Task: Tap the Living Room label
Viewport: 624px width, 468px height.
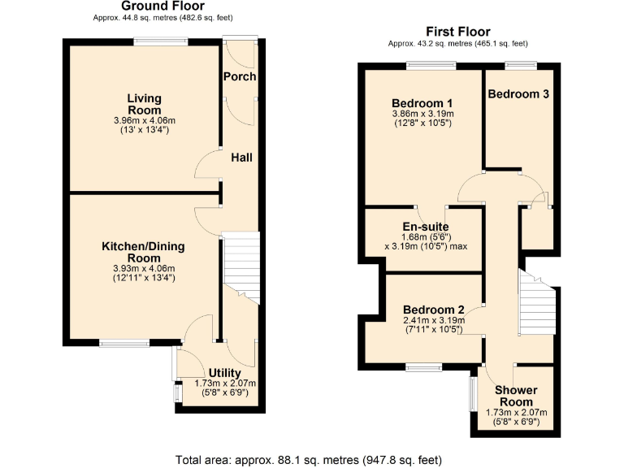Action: point(143,104)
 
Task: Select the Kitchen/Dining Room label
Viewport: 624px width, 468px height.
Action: point(143,252)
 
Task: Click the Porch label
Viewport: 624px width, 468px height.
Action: point(240,76)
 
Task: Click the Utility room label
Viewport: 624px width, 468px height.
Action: point(224,373)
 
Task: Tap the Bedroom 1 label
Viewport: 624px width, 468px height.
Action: point(422,103)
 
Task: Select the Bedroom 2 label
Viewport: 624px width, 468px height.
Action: point(433,310)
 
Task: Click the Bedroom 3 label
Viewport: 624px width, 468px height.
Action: point(518,93)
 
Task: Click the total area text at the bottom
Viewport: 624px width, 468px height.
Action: point(309,459)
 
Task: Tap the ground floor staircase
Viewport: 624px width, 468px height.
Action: point(240,268)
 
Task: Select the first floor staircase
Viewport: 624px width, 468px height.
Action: point(535,305)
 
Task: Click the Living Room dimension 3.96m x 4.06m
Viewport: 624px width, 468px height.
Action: point(143,120)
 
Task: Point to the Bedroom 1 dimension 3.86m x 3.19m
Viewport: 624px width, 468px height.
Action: point(422,115)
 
